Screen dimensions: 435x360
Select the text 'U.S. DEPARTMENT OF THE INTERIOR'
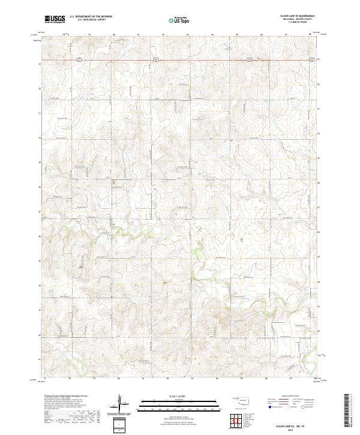pyautogui.click(x=91, y=17)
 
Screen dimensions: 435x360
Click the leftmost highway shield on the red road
pyautogui.click(x=79, y=59)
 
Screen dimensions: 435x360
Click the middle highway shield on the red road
pyautogui.click(x=155, y=59)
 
